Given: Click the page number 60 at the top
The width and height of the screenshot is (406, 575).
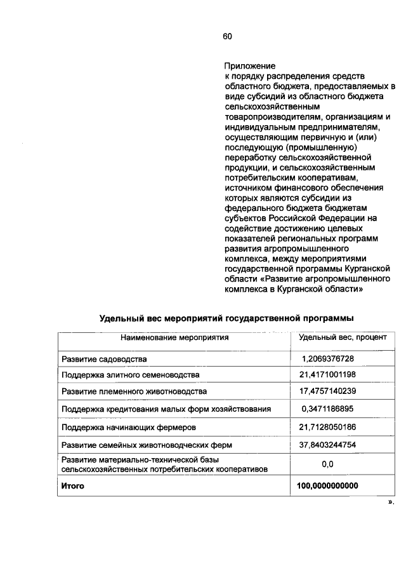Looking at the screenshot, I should (228, 36).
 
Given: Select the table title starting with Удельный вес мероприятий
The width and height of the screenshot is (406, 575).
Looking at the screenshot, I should (226, 318).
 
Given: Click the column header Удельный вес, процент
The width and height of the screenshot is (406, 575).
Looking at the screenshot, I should (337, 337).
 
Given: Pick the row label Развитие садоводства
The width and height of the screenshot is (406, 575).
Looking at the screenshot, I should (104, 359).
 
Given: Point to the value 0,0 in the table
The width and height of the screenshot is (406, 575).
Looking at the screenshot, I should (327, 464).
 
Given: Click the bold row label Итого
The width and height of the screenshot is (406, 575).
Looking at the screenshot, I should (72, 486).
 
